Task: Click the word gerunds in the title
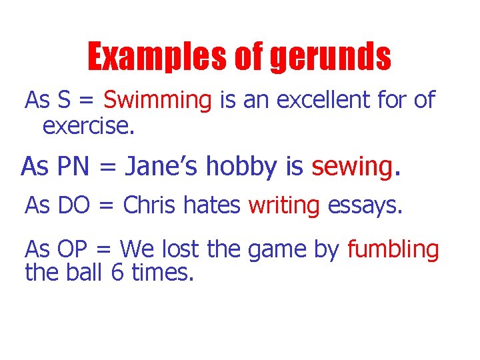click(330, 57)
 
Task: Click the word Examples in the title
click(158, 57)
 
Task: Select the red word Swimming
click(157, 101)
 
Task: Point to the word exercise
click(88, 125)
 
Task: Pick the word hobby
click(243, 166)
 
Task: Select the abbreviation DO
click(74, 206)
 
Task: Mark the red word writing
click(284, 206)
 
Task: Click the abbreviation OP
click(73, 250)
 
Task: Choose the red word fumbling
click(393, 250)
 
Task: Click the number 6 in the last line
click(117, 272)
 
